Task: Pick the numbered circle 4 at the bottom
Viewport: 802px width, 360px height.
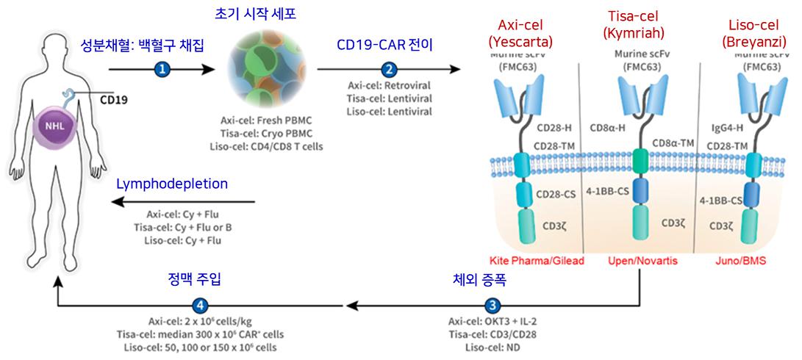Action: tap(198, 303)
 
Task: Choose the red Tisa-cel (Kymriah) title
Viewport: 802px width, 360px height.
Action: tap(633, 24)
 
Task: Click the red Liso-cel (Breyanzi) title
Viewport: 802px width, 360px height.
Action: tap(748, 24)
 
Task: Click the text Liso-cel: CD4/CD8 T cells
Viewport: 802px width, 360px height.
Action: tap(271, 146)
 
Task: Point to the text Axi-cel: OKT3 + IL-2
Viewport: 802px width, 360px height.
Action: tap(492, 320)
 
